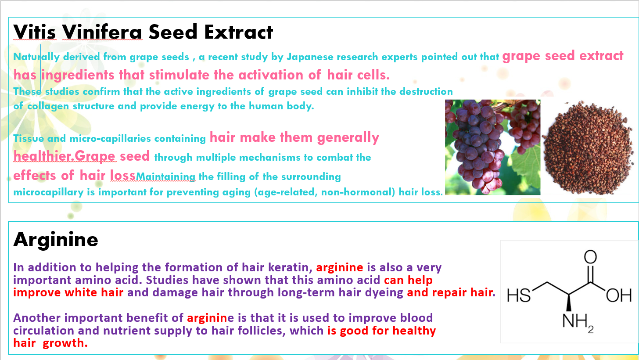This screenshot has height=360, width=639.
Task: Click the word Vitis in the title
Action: pos(35,32)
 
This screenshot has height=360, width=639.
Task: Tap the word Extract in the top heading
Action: pos(238,32)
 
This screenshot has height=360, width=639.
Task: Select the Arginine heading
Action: pos(56,240)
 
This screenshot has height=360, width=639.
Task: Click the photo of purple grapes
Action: pos(493,147)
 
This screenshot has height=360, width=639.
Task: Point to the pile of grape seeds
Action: pos(588,148)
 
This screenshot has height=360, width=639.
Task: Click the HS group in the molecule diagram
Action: pos(519,295)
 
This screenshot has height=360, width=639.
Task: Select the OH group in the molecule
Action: pos(618,295)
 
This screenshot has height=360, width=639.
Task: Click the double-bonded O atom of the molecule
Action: pos(590,257)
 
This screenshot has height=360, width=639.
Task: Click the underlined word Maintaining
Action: pos(165,177)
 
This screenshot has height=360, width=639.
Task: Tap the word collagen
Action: pos(48,106)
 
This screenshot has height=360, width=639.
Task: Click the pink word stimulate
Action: pos(179,75)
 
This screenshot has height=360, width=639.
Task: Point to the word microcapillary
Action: pos(48,192)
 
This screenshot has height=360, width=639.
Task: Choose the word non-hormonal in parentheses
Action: pos(358,192)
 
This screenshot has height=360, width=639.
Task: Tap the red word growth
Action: pos(65,343)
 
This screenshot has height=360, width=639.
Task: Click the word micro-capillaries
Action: pos(110,139)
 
